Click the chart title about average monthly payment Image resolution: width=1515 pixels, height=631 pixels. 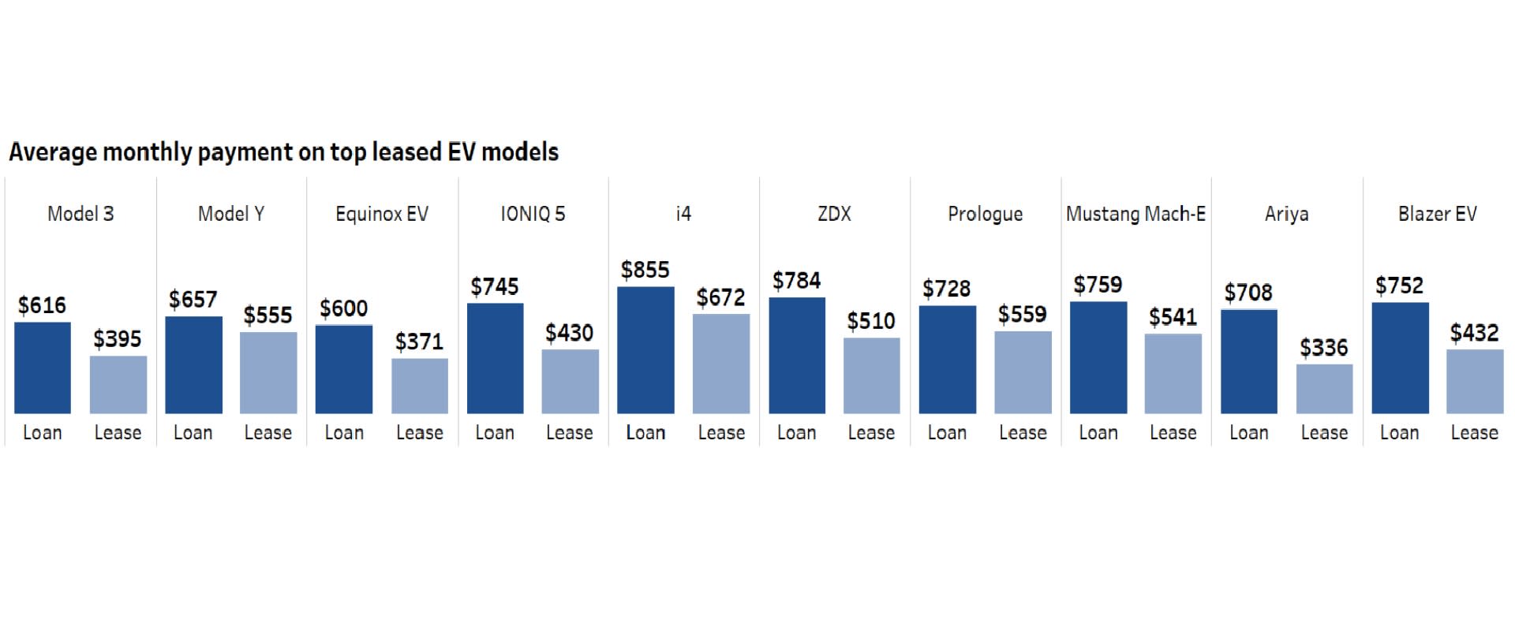coord(283,151)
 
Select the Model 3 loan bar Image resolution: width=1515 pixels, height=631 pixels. coord(43,368)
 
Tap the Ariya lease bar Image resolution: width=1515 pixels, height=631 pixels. coord(1324,389)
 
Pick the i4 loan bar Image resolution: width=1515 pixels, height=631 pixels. coord(645,350)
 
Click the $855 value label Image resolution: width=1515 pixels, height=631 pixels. coord(645,270)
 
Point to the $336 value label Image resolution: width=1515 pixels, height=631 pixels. coord(1324,347)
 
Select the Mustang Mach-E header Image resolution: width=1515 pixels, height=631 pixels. coord(1135,214)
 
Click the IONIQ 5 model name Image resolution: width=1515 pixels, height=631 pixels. coord(533,214)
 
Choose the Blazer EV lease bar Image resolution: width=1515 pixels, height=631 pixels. coord(1474,382)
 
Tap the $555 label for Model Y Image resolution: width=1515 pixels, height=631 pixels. coord(268,315)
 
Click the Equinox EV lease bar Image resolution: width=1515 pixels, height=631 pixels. coord(420,386)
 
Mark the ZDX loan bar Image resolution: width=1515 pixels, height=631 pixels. coord(797,356)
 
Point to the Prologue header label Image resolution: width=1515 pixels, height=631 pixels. coord(985,214)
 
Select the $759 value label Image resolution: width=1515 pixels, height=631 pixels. coord(1098,285)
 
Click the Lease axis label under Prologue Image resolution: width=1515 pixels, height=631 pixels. coord(1023,432)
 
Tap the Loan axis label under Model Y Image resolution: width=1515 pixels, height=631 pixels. coord(193,432)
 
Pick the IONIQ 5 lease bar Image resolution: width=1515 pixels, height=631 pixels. coord(570,382)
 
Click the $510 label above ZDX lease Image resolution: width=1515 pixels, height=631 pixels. coord(871,321)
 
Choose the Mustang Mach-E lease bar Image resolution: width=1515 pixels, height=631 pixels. coord(1173,374)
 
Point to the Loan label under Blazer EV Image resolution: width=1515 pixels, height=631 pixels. coord(1399,432)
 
